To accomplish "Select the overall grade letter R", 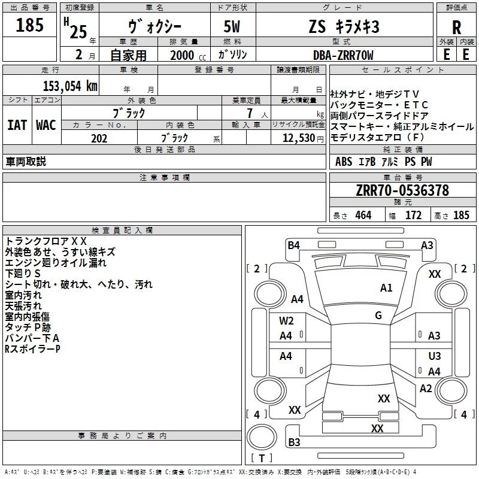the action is tap(456, 27).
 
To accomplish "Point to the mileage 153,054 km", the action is tap(70, 86).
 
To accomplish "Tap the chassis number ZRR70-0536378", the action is tap(402, 190).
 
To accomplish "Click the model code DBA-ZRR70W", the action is tap(343, 55).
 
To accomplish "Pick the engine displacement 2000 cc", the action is tap(183, 55).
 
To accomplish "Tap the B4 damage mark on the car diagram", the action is tap(293, 245).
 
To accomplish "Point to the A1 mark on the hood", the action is tap(386, 288).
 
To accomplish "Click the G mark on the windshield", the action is tap(378, 316).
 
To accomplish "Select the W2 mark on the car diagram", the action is tap(286, 321).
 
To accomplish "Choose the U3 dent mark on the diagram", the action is tap(435, 356).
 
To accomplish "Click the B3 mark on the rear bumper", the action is tap(294, 442).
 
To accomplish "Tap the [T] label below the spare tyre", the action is tap(262, 458).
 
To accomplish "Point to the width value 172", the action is tap(413, 215).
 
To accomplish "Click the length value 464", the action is tap(362, 215).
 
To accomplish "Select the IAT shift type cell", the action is tap(17, 125).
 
